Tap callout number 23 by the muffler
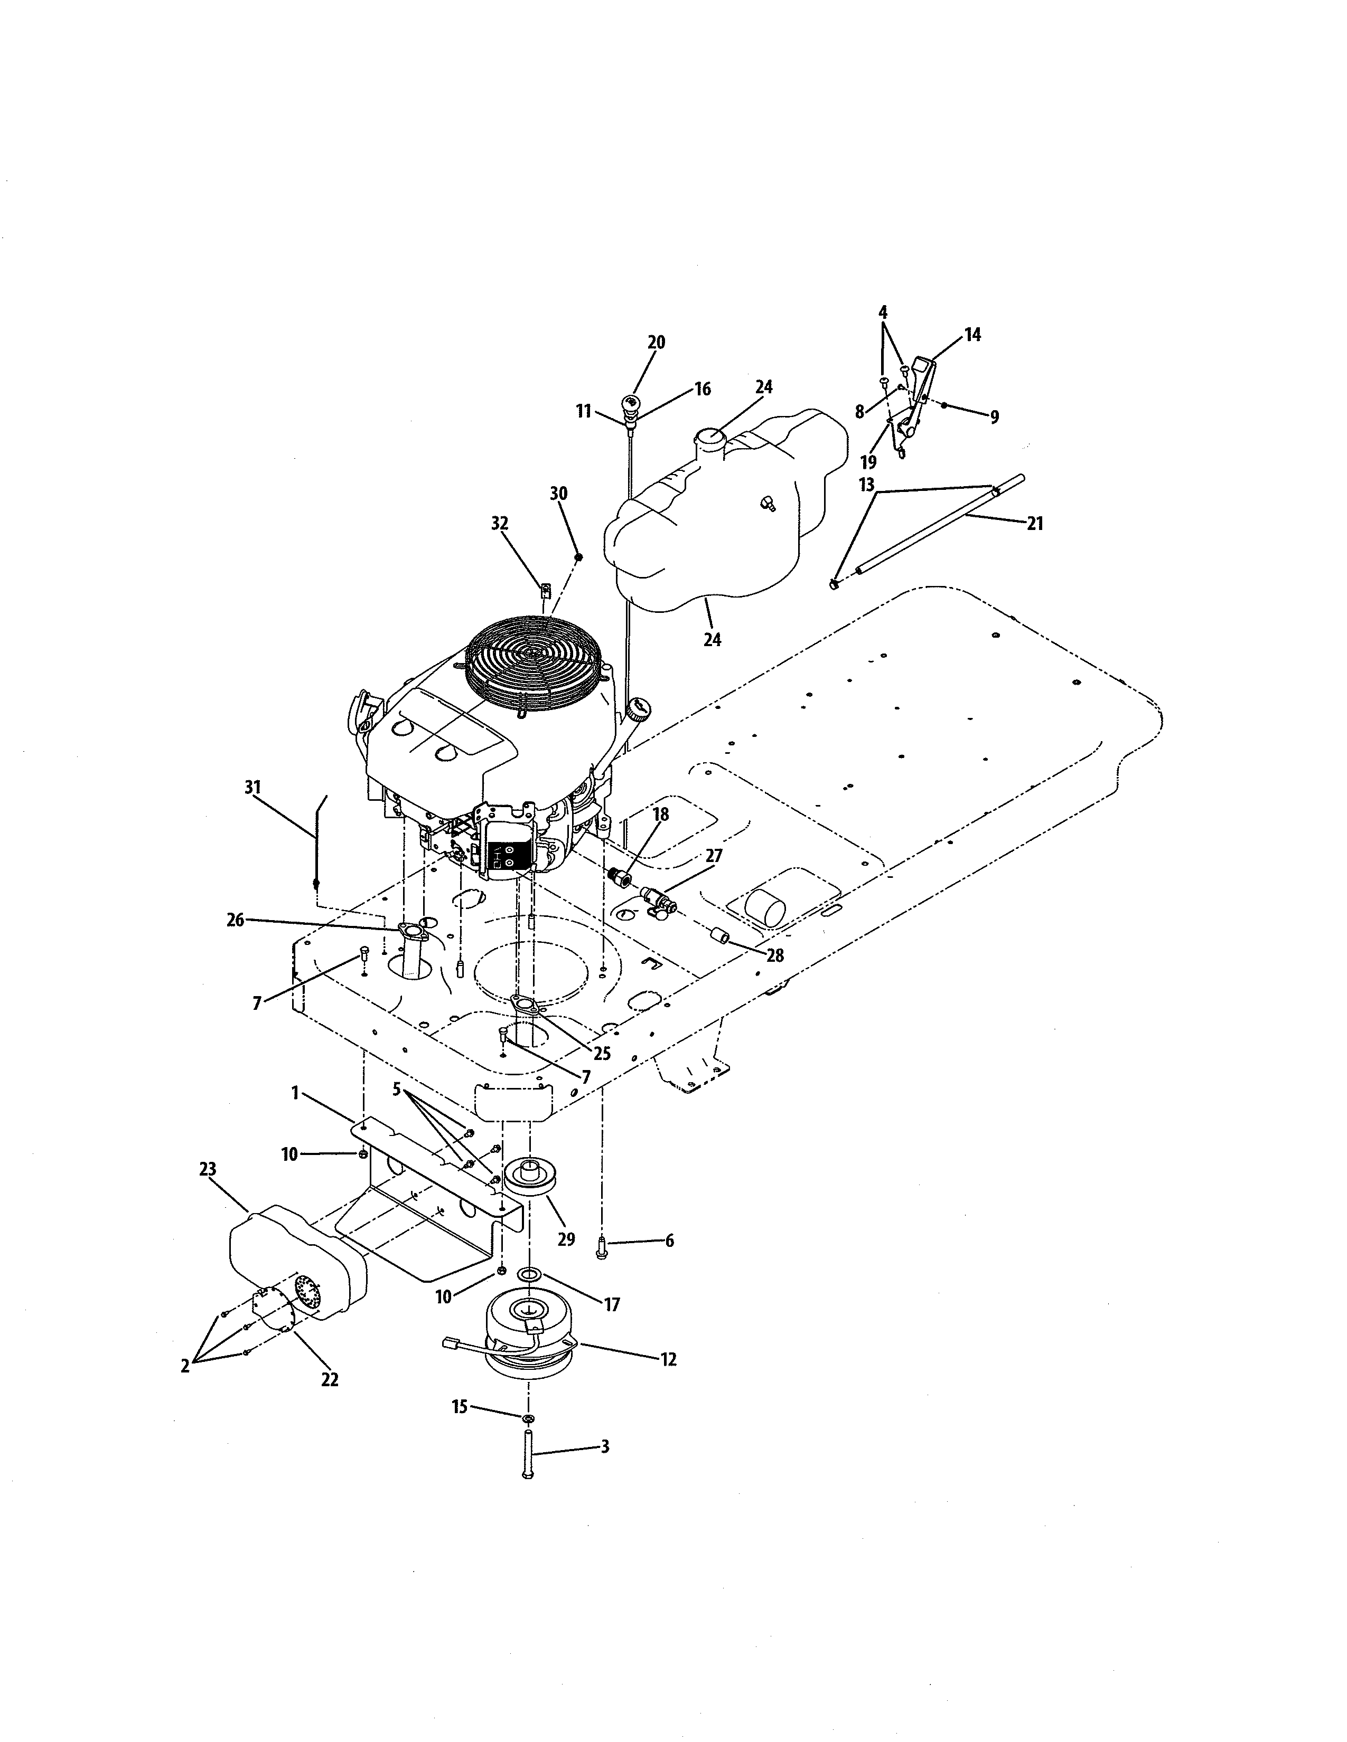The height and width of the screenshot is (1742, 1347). point(208,1169)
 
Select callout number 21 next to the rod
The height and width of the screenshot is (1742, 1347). point(1034,524)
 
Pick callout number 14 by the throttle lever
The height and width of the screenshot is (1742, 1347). point(972,335)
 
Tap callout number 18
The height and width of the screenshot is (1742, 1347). point(660,815)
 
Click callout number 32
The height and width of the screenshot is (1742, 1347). point(500,523)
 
